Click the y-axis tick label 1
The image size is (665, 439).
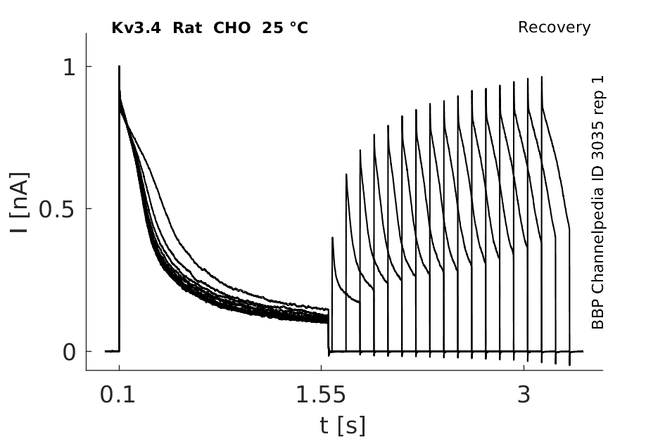coord(69,67)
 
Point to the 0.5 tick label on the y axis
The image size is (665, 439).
coord(56,209)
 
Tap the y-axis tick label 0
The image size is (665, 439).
coord(69,352)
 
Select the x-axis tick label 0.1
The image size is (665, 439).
coord(118,395)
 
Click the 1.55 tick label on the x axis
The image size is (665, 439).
coord(321,395)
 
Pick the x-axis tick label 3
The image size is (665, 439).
coord(524,395)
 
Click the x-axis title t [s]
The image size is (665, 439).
coord(342,426)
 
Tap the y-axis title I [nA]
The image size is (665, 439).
coord(20,203)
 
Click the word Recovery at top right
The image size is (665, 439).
coord(554,27)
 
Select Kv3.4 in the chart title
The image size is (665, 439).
coord(136,28)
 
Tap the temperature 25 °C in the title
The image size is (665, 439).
coord(285,28)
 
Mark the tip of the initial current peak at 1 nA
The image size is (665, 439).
coord(119,66)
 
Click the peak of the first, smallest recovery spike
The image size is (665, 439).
coord(332,238)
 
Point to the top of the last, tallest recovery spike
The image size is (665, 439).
coord(542,77)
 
